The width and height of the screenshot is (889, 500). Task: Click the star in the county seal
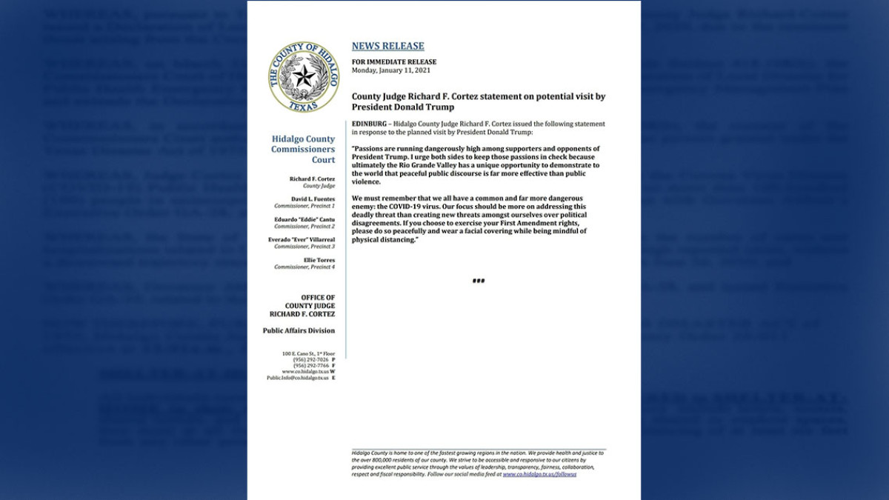click(x=303, y=76)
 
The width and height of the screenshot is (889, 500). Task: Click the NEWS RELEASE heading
click(x=388, y=46)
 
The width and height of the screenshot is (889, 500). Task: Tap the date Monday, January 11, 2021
click(x=390, y=70)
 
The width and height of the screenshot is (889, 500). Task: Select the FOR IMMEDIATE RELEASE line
click(x=394, y=61)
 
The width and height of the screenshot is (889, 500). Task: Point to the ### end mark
click(x=479, y=281)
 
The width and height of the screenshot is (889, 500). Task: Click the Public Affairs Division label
click(x=299, y=330)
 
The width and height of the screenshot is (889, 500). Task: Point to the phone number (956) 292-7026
click(x=311, y=360)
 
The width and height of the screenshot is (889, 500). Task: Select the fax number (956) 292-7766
click(x=311, y=366)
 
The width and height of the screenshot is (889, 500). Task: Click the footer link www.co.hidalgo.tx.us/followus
click(x=539, y=474)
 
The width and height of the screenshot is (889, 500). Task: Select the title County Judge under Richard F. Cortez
click(x=319, y=185)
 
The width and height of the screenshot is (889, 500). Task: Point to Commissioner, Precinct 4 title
click(x=304, y=267)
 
